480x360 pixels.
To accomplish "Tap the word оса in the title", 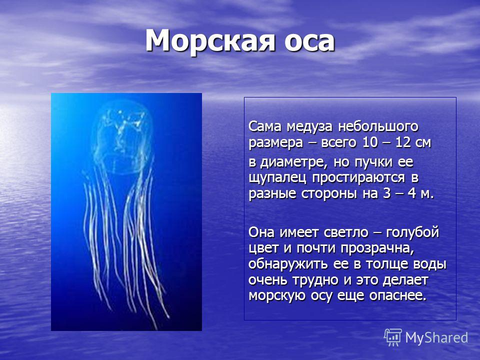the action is (x=309, y=43).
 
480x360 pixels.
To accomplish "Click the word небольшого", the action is (x=378, y=126).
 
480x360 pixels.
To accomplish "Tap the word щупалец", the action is (x=277, y=178).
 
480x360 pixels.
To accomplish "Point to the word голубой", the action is (x=412, y=232).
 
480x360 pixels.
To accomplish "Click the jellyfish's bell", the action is (x=122, y=136).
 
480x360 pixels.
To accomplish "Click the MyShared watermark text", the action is (x=437, y=337).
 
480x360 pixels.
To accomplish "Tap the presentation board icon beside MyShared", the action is (x=393, y=337).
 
